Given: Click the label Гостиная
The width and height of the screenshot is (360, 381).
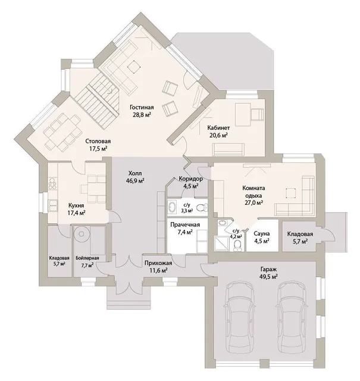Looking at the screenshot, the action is (x=142, y=107).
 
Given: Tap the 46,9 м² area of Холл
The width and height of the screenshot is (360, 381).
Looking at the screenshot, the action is (x=135, y=180).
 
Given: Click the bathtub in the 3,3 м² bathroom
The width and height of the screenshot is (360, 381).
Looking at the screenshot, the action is (x=174, y=207).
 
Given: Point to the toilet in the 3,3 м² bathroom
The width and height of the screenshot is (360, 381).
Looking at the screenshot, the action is (x=202, y=208).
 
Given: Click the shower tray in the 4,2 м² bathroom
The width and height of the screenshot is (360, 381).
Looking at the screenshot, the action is (x=221, y=243).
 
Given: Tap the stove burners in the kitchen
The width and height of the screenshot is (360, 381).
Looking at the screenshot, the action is (x=52, y=184).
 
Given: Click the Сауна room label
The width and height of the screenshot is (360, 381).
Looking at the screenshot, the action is (x=262, y=234).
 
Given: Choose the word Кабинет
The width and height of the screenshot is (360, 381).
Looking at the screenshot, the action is (x=218, y=128).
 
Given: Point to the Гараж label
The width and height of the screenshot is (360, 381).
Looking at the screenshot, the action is (x=268, y=269).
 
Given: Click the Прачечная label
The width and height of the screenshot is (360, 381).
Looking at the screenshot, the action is (x=185, y=225).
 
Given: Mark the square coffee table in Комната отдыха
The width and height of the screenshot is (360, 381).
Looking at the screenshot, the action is (x=291, y=193).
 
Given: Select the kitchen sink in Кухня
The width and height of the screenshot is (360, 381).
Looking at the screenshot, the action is (x=53, y=206).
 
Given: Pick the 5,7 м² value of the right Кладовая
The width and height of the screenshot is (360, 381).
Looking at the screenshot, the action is (x=300, y=241).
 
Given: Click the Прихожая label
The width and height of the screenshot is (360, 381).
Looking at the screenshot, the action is (x=158, y=263).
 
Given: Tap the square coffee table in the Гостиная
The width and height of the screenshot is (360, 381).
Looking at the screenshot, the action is (x=134, y=66).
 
